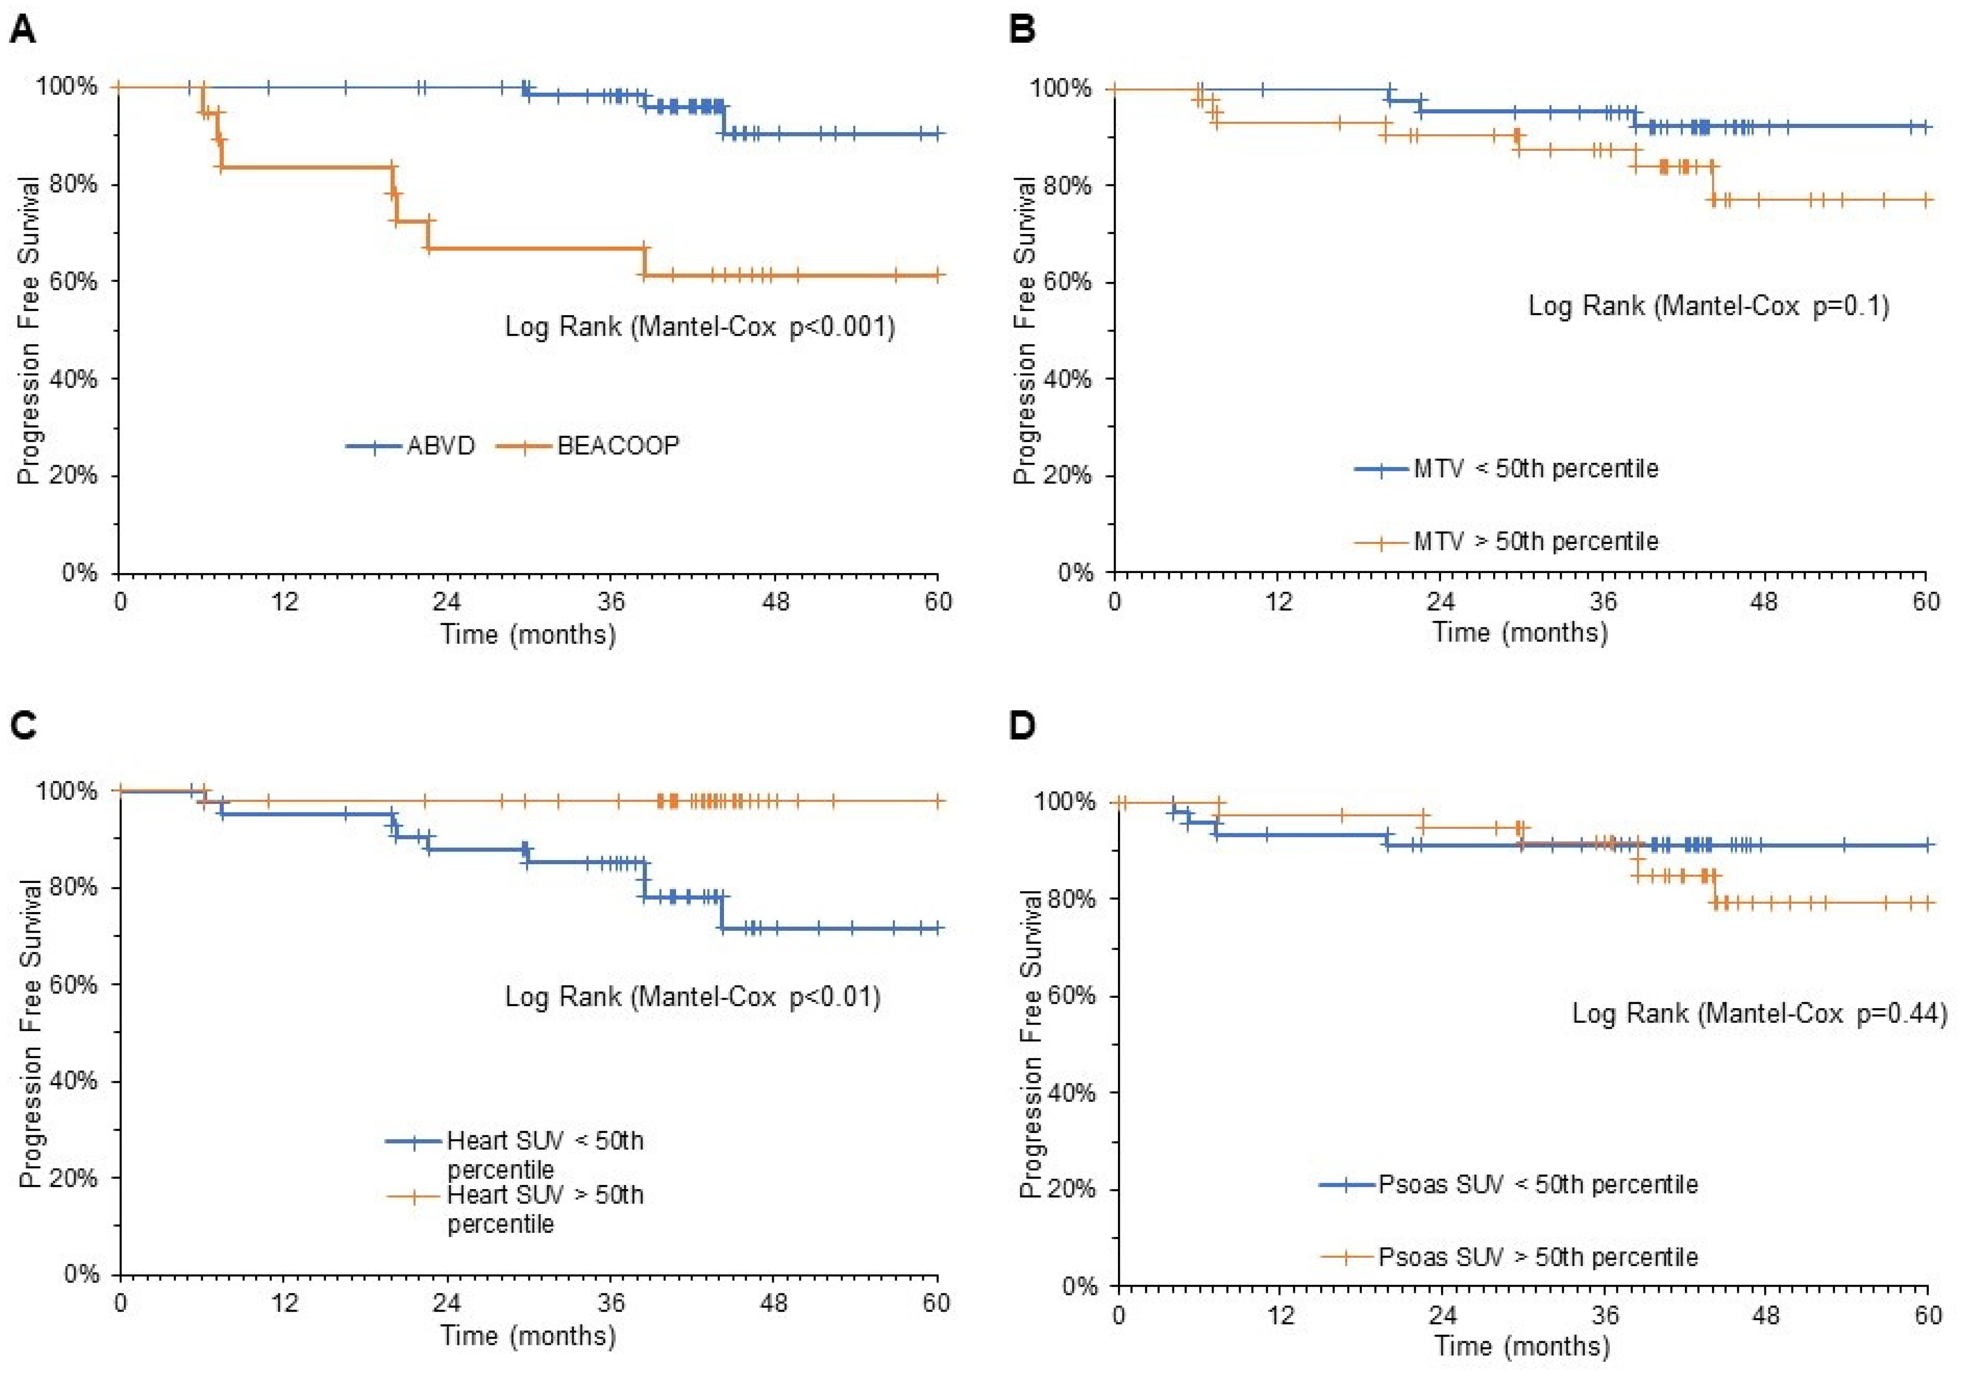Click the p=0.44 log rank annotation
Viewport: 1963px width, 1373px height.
tap(1759, 1014)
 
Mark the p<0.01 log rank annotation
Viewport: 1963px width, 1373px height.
tap(693, 997)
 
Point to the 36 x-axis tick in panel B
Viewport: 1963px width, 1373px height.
tap(1602, 602)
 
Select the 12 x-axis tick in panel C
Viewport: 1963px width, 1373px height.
tap(284, 1303)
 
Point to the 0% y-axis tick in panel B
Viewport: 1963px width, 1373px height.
tap(1076, 572)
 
